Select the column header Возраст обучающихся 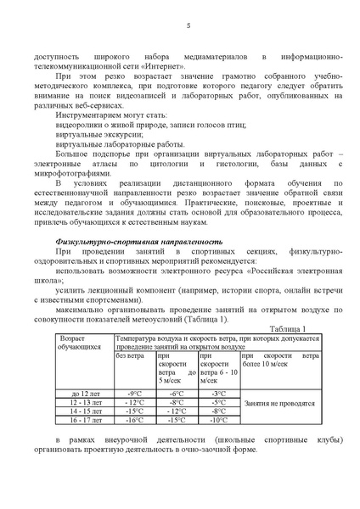pyautogui.click(x=84, y=344)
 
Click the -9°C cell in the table pyautogui.click(x=134, y=394)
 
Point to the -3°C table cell pyautogui.click(x=218, y=394)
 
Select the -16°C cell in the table pyautogui.click(x=134, y=419)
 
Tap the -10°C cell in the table pyautogui.click(x=218, y=419)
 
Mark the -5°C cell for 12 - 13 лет pyautogui.click(x=218, y=402)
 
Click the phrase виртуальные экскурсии pyautogui.click(x=94, y=134)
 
